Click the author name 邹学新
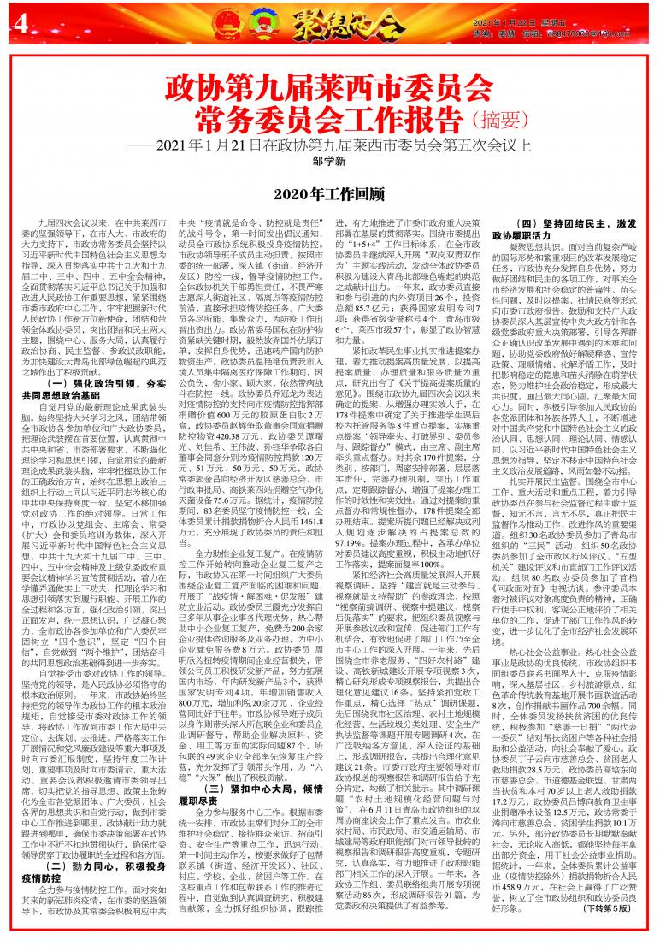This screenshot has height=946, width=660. point(329,160)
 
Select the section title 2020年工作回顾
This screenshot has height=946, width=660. point(329,196)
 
